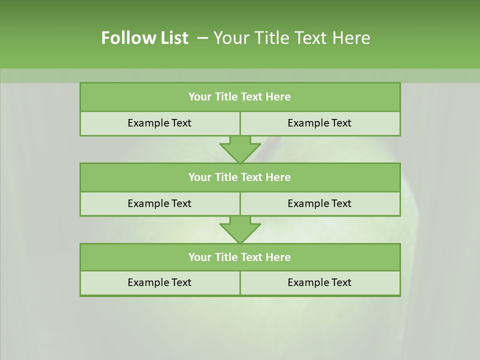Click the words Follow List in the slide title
point(144,38)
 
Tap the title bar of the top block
point(240,97)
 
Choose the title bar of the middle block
point(240,177)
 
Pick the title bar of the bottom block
point(240,257)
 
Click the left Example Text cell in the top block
point(159,123)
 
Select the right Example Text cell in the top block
point(319,123)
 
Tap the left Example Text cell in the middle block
point(159,203)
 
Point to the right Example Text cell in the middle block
point(319,203)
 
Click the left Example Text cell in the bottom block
point(159,282)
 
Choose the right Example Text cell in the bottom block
point(319,282)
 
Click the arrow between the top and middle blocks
point(240,149)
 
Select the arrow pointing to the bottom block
point(240,229)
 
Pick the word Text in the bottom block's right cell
point(341,282)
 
